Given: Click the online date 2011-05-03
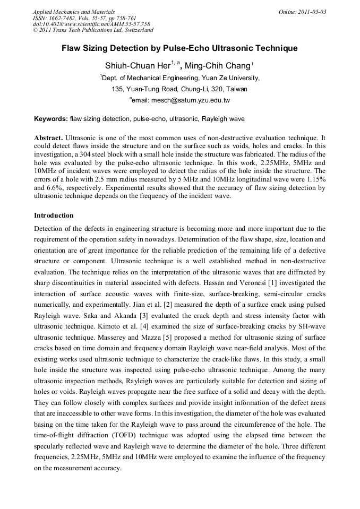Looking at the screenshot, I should click(314, 12).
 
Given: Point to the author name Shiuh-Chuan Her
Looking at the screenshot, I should click(137, 66).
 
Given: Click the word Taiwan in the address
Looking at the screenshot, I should click(235, 89).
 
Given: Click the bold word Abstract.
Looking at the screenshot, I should click(48, 137).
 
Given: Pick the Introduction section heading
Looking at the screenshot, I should click(54, 215).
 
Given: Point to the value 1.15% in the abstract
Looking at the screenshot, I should click(315, 179).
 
